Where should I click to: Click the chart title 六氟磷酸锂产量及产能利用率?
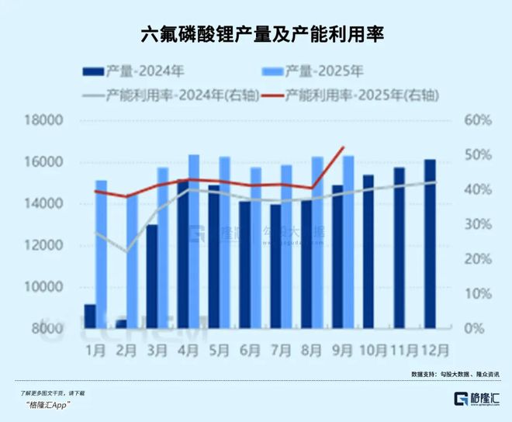coord(256,35)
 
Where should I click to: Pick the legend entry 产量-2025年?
coord(310,71)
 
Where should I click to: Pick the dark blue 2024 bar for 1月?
coord(90,316)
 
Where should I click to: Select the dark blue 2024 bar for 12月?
coord(430,244)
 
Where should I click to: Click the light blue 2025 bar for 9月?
coord(348,242)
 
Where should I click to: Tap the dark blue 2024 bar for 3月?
coord(152,276)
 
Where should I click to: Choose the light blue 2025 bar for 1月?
coord(101,254)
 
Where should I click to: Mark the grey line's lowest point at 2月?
coord(126,251)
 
